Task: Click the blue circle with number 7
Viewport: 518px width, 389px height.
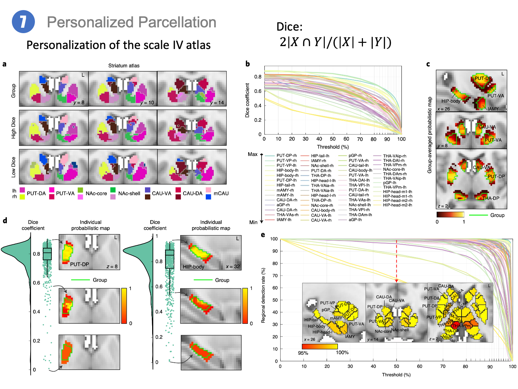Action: (23, 22)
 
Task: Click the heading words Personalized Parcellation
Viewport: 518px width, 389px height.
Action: (131, 22)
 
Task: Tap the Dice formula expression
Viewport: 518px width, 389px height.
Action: (335, 42)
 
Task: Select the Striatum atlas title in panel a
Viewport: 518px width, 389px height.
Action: (124, 66)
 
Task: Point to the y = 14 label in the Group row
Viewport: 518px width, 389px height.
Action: (217, 103)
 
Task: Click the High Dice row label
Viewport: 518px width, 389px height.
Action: (14, 128)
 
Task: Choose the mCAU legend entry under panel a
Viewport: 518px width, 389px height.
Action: (221, 193)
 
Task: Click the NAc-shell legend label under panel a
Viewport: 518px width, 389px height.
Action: (129, 193)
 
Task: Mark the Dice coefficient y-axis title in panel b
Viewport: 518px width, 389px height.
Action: (247, 100)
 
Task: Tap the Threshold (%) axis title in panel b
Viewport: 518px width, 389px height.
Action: (333, 147)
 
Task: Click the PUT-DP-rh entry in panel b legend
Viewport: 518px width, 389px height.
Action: (286, 156)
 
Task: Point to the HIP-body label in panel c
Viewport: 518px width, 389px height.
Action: (451, 101)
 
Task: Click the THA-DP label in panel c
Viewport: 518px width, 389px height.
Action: (491, 198)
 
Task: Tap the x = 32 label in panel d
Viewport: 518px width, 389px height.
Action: (233, 267)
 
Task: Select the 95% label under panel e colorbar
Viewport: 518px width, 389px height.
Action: (303, 353)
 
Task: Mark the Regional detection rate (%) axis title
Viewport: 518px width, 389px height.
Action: (263, 295)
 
